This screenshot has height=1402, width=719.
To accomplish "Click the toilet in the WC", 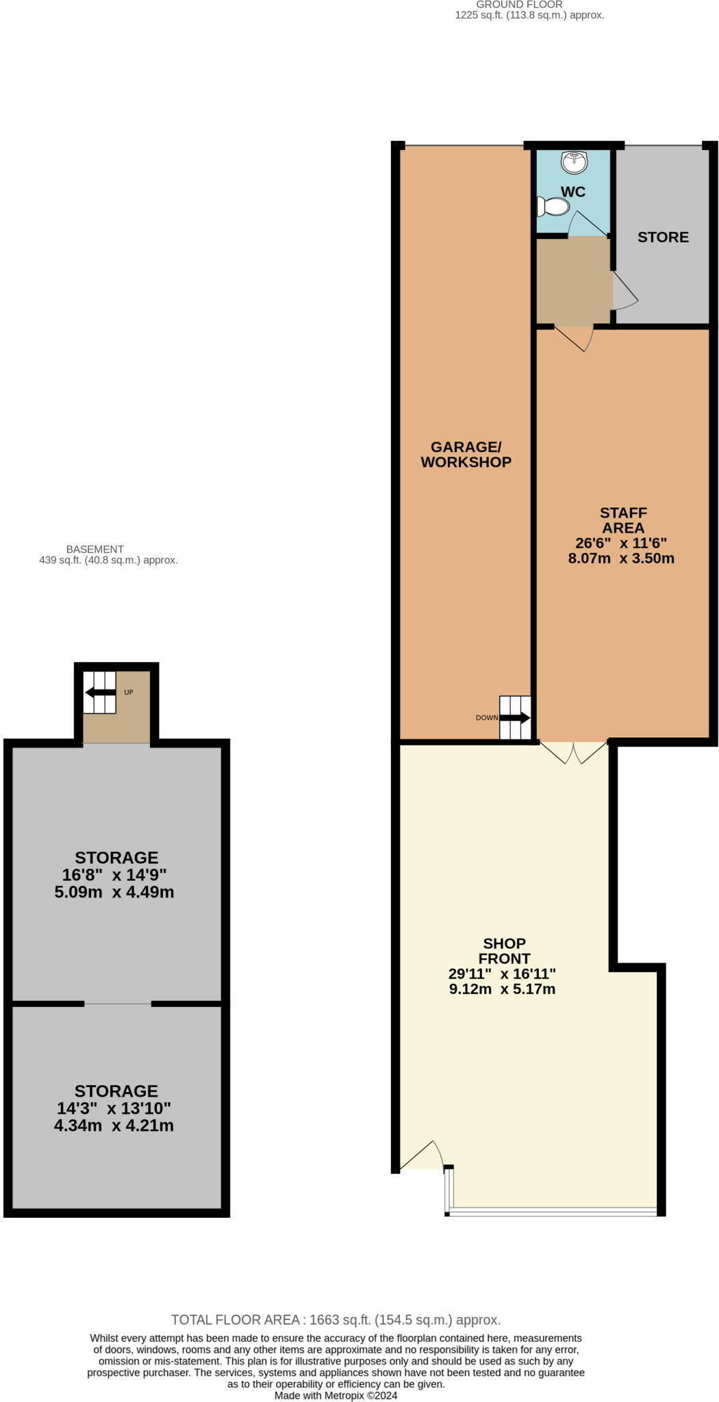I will (x=554, y=206).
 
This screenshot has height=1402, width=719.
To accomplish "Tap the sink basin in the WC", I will (x=574, y=162).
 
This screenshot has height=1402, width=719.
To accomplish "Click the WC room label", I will (x=573, y=192).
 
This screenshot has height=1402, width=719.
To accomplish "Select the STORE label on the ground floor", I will (x=663, y=237).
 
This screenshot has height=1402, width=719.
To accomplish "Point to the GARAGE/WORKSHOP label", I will (x=466, y=455).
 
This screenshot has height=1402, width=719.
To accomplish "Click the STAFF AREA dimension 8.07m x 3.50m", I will (x=621, y=558).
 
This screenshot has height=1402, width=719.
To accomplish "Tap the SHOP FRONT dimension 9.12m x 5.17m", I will (x=502, y=989).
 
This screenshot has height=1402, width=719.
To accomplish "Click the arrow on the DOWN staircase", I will (x=515, y=717).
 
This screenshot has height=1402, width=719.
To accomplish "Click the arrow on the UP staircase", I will (x=100, y=692).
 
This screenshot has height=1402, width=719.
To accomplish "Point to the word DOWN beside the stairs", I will (x=487, y=717).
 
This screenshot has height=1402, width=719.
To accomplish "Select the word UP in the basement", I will (x=129, y=692).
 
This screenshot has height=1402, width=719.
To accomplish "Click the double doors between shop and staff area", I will (x=574, y=752).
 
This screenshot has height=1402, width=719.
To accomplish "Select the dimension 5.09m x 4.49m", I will (x=114, y=892).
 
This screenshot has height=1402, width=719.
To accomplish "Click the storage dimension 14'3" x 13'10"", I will (x=114, y=1108).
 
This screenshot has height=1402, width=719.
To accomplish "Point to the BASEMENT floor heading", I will (x=95, y=549).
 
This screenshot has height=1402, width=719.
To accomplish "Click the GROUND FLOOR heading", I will (x=519, y=5).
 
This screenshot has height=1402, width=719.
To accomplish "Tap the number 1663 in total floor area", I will (x=326, y=1319).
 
